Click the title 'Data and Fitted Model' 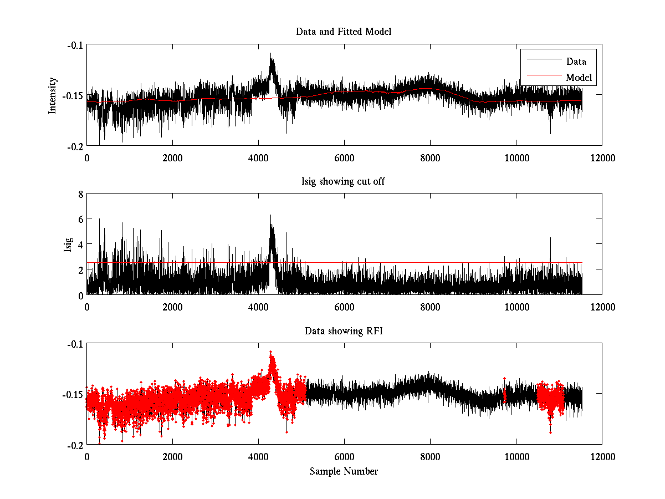[x=344, y=32]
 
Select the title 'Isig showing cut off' [x=344, y=181]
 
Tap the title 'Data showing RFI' [x=344, y=331]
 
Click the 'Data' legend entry [x=576, y=62]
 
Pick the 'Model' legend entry [x=579, y=77]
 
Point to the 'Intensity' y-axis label [x=53, y=95]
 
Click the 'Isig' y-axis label [x=68, y=245]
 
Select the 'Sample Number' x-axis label [x=344, y=471]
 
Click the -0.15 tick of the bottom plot [x=72, y=394]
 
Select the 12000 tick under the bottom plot [x=602, y=456]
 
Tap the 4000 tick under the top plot [x=258, y=157]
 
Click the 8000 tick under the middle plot [x=430, y=307]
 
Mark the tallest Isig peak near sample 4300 [x=270, y=215]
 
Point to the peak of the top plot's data [x=271, y=54]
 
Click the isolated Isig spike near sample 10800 [x=550, y=238]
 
